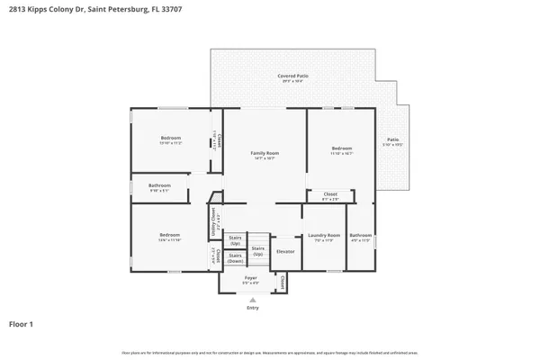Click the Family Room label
point(265,153)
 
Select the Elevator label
point(285,251)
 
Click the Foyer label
point(251,278)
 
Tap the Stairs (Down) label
point(235,257)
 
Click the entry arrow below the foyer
point(252,299)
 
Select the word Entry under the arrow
point(252,308)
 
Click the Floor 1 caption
point(22,323)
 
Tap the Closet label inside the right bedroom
point(330,193)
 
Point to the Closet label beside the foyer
point(283,283)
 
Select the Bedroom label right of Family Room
point(341,148)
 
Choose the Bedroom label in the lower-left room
point(169,235)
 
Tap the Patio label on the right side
point(392,139)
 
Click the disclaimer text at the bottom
point(270,350)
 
